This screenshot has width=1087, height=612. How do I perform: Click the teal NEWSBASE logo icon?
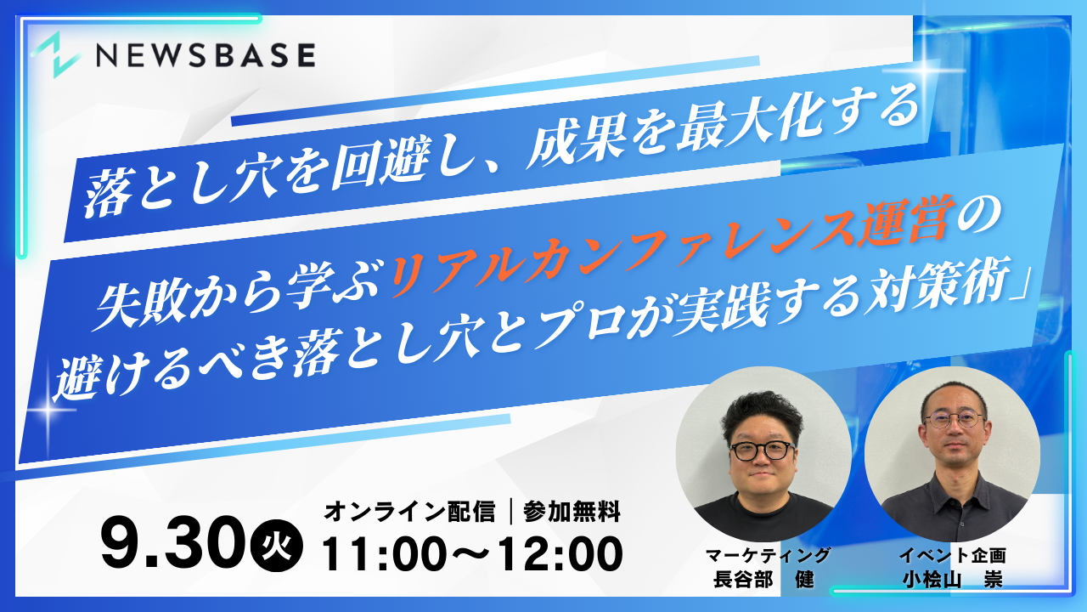[x=56, y=55]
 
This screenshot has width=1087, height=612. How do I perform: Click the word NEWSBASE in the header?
[x=206, y=54]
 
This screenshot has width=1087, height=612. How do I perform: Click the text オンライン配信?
[x=409, y=512]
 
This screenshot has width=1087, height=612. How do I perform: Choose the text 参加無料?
[x=572, y=512]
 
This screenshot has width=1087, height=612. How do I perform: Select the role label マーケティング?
[x=768, y=555]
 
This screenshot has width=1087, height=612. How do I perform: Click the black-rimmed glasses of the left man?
[x=762, y=451]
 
